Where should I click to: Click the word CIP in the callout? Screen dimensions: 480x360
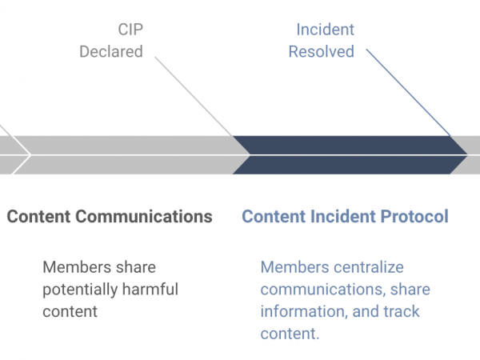click(x=130, y=30)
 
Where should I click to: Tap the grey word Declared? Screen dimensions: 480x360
click(x=111, y=51)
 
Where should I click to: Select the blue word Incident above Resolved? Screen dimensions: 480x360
click(x=325, y=30)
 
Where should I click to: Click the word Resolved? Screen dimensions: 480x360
click(x=322, y=51)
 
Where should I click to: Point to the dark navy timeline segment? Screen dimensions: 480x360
click(x=350, y=155)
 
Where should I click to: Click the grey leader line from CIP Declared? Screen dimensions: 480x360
click(x=194, y=97)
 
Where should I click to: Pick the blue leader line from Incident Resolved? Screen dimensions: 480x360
click(x=408, y=92)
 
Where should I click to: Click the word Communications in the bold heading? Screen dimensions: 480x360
click(x=144, y=217)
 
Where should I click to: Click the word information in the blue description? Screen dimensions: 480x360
click(x=304, y=312)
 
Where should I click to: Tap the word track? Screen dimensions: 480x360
click(x=402, y=311)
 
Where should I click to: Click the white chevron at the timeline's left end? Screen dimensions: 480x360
click(x=18, y=155)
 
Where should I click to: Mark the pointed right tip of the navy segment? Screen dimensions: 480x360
click(x=467, y=155)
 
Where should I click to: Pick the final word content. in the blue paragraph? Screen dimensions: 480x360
click(x=290, y=334)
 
